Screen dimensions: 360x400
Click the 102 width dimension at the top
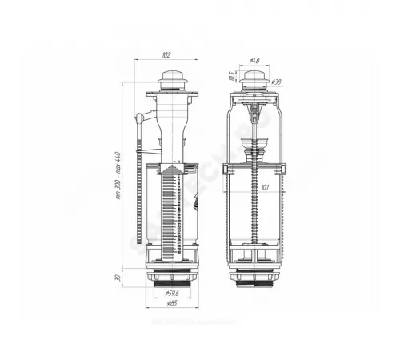click(166, 55)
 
